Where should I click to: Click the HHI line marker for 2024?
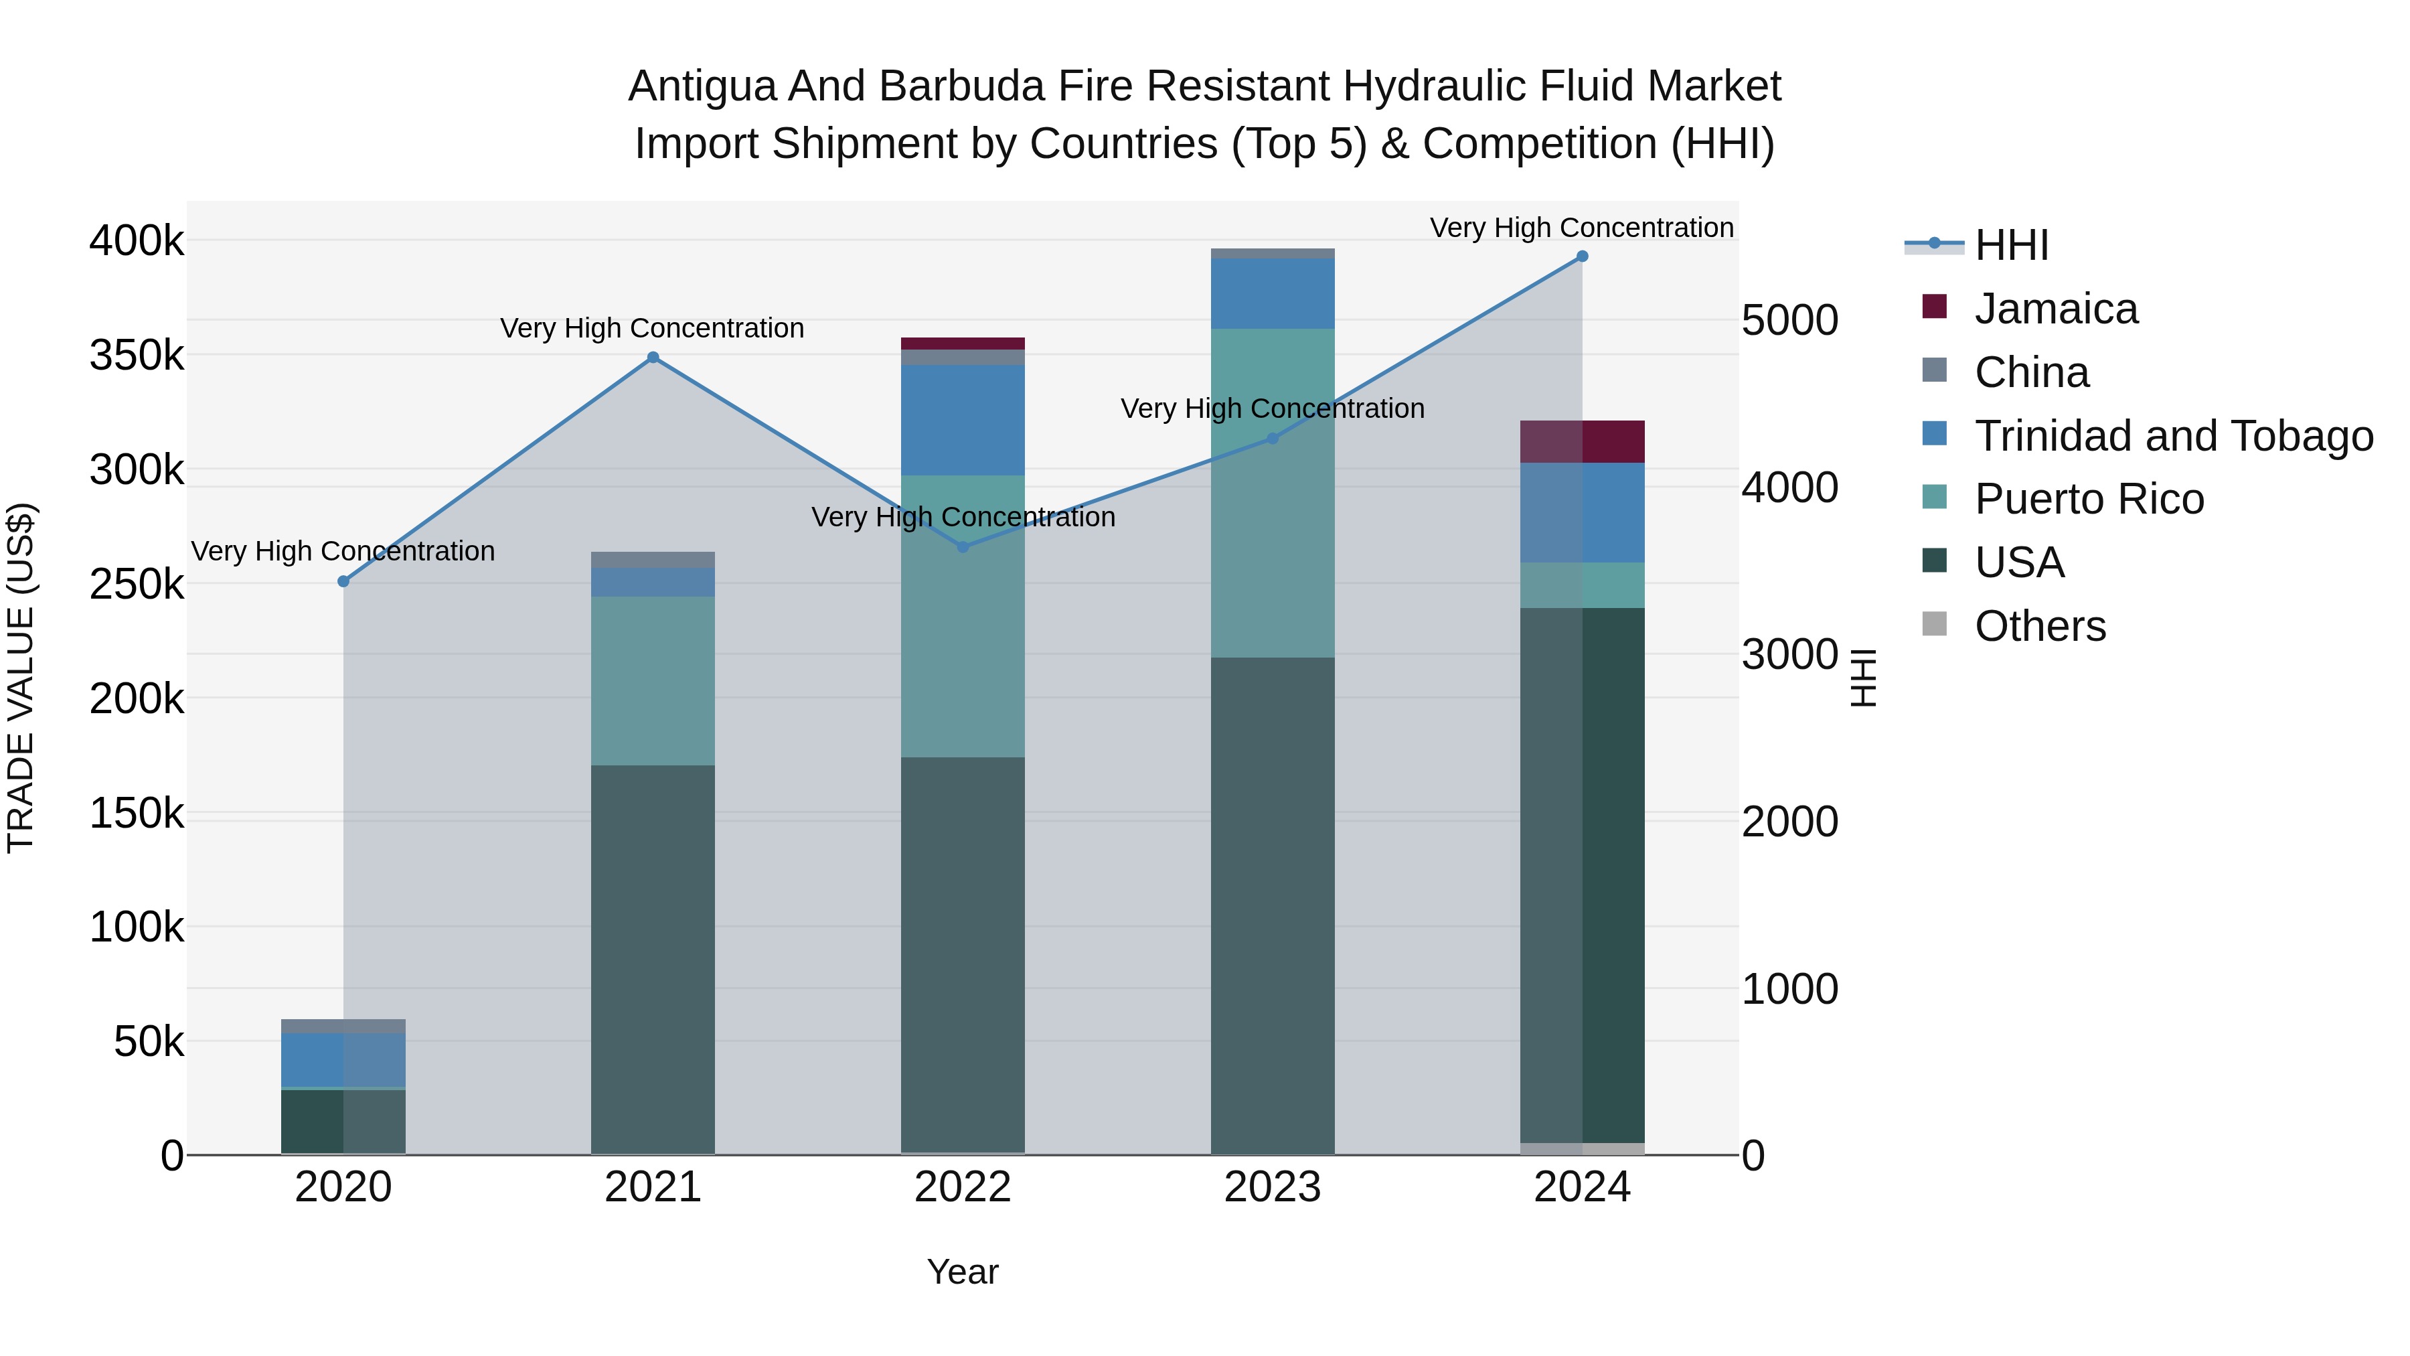(1582, 256)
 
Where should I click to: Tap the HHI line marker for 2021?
(653, 358)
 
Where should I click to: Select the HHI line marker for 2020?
(343, 581)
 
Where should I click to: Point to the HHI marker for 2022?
(963, 546)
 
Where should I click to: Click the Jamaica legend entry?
(2055, 309)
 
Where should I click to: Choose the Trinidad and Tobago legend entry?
(2173, 436)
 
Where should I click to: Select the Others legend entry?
(2040, 626)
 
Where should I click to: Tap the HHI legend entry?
(2012, 245)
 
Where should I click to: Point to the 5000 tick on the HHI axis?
(1789, 320)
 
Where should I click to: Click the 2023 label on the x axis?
(1273, 1187)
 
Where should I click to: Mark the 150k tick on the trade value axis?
(137, 813)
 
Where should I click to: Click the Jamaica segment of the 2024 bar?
(1582, 442)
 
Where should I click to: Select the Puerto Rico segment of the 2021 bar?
(653, 680)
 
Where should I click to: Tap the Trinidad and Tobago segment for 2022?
(963, 420)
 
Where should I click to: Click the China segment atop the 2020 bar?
(343, 1026)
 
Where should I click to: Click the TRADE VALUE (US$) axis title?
(21, 678)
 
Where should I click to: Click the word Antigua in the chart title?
(701, 86)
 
